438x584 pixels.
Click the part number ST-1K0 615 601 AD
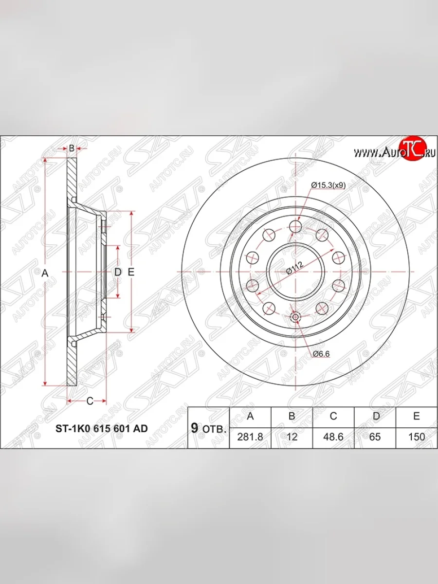(101, 429)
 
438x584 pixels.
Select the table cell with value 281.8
(250, 437)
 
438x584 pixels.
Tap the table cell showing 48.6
(333, 437)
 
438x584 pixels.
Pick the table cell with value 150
(416, 437)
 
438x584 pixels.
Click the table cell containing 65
(375, 437)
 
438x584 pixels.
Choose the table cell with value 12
(292, 437)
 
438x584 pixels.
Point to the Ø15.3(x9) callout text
(328, 185)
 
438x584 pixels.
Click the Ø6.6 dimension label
(321, 354)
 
